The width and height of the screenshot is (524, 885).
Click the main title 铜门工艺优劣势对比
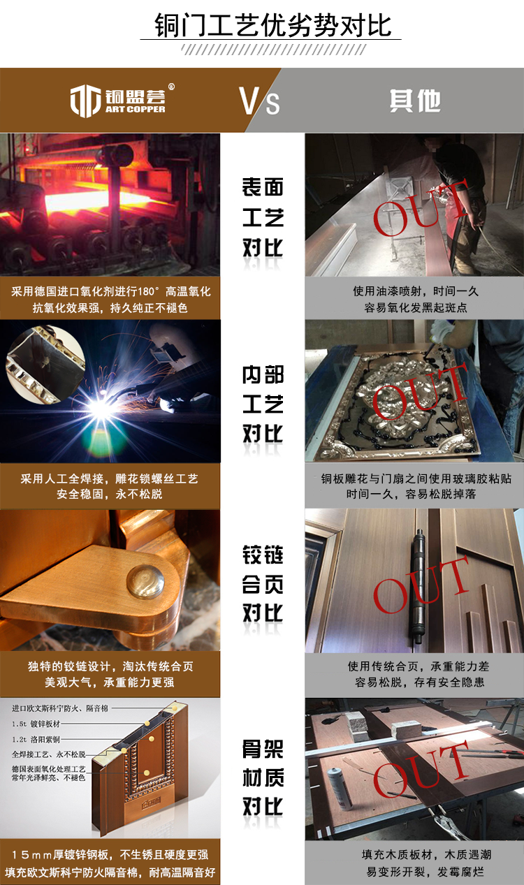tap(272, 26)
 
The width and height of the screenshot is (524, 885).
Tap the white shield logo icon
tap(85, 101)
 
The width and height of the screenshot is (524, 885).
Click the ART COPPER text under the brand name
tap(135, 109)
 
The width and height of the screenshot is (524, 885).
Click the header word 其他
tap(415, 101)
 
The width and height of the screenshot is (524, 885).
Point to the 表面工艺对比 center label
tap(263, 218)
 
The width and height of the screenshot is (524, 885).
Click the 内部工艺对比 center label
tap(263, 404)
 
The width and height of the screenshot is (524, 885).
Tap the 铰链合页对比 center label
tap(263, 584)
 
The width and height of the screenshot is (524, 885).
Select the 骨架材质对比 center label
tap(263, 777)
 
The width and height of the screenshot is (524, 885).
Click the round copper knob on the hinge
tap(145, 581)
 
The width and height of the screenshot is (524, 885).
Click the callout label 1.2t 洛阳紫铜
tap(36, 739)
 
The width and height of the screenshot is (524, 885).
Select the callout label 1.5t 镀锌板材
tap(36, 724)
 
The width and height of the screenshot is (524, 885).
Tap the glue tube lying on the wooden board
tap(340, 789)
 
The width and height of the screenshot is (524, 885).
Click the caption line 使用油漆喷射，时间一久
tap(416, 291)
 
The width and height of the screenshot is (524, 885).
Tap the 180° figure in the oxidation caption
tap(148, 291)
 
